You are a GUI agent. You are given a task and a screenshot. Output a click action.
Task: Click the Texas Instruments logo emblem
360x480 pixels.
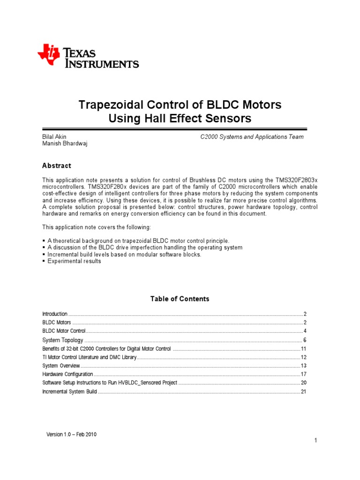(x=49, y=55)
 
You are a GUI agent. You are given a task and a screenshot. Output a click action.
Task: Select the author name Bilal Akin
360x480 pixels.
(x=55, y=137)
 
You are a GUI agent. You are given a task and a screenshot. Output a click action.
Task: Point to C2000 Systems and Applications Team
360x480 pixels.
(x=252, y=137)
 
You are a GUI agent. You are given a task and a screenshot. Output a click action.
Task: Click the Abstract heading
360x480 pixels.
(x=57, y=165)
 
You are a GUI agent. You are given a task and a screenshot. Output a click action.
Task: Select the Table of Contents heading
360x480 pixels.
(x=180, y=299)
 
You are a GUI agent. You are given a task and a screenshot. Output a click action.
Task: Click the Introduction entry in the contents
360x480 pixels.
(x=55, y=314)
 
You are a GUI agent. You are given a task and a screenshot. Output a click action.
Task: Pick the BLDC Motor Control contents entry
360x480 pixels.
(x=64, y=331)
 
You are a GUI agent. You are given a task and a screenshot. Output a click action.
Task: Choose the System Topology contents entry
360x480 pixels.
(x=63, y=340)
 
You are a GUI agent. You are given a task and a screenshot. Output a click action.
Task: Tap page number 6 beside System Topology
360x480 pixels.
(x=304, y=340)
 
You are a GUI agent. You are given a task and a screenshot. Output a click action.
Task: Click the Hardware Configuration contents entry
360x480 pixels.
(x=68, y=374)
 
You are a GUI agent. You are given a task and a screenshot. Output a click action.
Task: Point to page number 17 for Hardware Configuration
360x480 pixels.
(x=303, y=374)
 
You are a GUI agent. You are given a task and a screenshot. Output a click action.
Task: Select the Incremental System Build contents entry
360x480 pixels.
(x=69, y=391)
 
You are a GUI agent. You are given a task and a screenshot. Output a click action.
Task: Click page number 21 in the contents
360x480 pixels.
(x=303, y=391)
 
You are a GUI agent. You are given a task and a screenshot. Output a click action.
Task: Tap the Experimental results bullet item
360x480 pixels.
(x=74, y=261)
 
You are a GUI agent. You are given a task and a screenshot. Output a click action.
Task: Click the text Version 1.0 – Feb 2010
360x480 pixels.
(x=71, y=435)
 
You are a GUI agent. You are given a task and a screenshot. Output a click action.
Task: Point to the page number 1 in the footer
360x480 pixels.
(x=316, y=440)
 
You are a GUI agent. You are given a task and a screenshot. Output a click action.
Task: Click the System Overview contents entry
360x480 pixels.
(x=61, y=366)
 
